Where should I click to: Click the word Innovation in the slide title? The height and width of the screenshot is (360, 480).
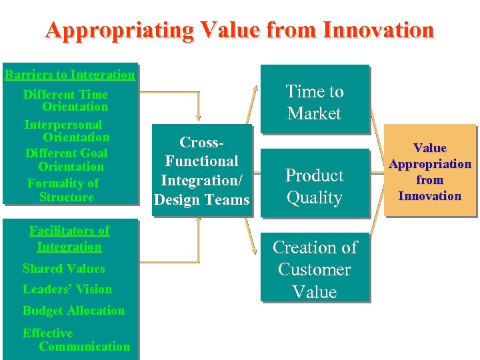pos(377,30)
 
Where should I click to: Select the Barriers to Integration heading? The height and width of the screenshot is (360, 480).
pos(69,74)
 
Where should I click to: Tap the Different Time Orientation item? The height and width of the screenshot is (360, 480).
pos(66,101)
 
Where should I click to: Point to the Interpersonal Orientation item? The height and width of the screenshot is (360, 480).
pos(66,131)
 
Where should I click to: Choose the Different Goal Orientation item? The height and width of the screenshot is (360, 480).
pos(66,160)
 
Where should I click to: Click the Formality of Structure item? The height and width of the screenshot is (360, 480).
pos(64,190)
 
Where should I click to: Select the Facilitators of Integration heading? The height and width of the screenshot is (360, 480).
pos(69,239)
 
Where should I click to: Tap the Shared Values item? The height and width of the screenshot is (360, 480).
pos(63,269)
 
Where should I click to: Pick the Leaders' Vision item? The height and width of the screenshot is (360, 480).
pos(67,289)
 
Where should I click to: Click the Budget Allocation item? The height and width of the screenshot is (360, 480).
pos(73,311)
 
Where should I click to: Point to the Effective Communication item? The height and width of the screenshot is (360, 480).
pos(75,339)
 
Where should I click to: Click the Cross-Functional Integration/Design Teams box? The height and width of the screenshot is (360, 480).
pos(201,171)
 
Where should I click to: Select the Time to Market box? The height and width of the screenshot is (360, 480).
pos(314,102)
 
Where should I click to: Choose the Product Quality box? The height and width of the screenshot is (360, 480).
pos(314,186)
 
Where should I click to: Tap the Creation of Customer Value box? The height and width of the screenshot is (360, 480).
pos(315,269)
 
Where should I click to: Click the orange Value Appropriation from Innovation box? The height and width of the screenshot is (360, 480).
pos(430,171)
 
